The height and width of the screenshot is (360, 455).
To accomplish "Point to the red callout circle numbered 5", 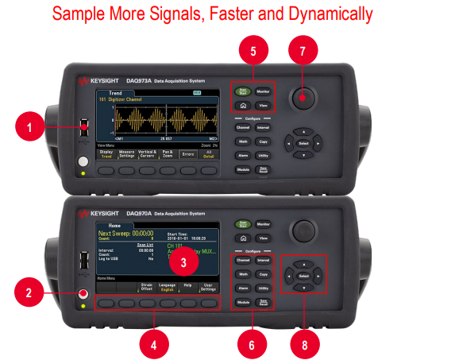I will [253, 52].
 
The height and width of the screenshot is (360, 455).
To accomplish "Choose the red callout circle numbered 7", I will [302, 52].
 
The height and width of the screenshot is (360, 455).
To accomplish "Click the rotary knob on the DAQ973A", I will [302, 98].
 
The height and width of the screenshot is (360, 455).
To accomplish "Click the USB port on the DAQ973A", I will [83, 126].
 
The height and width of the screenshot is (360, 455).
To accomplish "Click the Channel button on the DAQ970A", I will [243, 260].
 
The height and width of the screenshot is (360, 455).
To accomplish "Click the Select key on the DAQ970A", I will [303, 276].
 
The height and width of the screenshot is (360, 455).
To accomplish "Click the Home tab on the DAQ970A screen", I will [110, 225].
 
